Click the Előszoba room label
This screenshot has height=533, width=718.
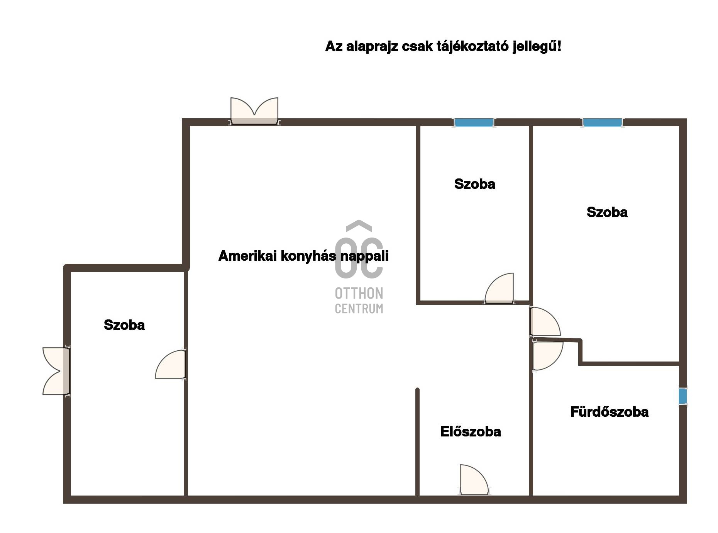[471, 431]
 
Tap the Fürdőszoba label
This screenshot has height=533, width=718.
[609, 412]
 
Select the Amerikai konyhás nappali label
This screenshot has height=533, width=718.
[303, 256]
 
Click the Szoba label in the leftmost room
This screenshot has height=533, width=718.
[124, 325]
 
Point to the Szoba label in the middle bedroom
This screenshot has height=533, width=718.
[474, 184]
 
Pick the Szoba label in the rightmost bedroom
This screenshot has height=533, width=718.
[607, 212]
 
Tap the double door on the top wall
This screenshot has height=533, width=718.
[254, 112]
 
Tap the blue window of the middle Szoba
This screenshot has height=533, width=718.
[474, 123]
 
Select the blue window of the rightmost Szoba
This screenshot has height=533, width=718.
[602, 123]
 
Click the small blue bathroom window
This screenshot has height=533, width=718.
[682, 396]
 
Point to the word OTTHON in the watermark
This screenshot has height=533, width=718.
[359, 294]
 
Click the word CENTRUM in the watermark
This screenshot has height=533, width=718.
[359, 309]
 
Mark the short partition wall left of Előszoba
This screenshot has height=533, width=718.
[417, 440]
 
